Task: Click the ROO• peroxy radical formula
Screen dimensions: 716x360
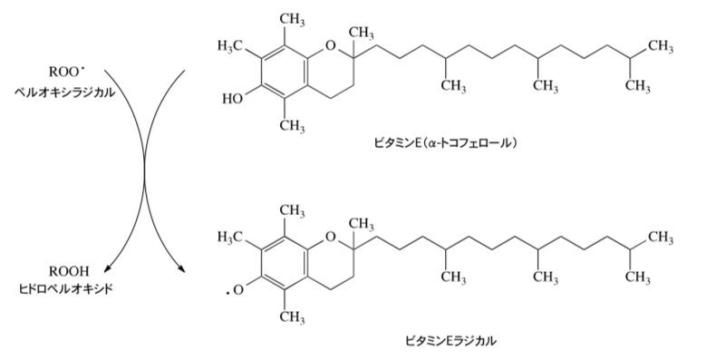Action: [x=67, y=73]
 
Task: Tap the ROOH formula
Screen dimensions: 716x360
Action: [x=69, y=271]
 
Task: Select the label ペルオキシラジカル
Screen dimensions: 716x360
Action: [x=64, y=92]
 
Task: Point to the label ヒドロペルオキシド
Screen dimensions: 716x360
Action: [x=66, y=289]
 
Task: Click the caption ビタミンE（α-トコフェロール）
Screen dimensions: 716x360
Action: [x=446, y=143]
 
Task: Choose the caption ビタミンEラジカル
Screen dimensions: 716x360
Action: [x=450, y=341]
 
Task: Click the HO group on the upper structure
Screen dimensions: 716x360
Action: [x=232, y=99]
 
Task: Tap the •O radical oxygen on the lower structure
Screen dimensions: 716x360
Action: [x=235, y=290]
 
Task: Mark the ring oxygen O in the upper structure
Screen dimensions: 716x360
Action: [x=331, y=45]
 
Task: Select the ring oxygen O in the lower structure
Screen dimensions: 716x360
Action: [x=331, y=237]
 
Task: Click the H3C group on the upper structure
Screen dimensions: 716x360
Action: [x=229, y=45]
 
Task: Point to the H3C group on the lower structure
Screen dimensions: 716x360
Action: [x=229, y=237]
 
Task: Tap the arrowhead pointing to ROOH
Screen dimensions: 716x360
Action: [x=107, y=269]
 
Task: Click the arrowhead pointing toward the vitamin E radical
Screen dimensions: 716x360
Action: [x=182, y=268]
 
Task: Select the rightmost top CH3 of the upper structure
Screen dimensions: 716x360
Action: [x=661, y=46]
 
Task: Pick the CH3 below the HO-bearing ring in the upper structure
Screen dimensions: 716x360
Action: [x=292, y=126]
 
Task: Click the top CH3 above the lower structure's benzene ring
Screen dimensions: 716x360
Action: [x=292, y=210]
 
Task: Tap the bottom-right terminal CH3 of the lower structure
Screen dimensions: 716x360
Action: [x=637, y=277]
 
